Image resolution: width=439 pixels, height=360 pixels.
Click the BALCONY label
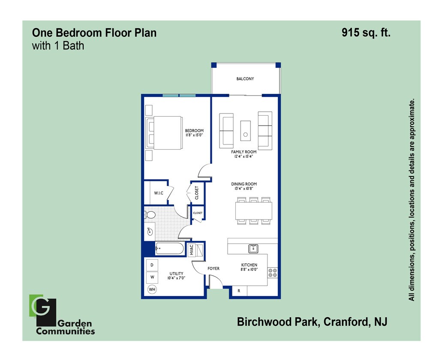point(245,79)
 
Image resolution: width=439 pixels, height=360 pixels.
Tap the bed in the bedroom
point(165,132)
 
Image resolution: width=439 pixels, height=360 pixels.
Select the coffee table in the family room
point(245,130)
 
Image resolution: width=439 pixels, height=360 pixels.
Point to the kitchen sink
point(253,248)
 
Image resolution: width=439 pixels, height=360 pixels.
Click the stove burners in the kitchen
point(273,273)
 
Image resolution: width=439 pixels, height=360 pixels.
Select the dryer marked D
point(152,265)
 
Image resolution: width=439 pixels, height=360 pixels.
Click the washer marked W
point(152,277)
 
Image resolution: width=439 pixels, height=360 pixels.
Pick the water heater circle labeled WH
point(152,290)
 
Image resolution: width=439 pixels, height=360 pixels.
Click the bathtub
point(170,248)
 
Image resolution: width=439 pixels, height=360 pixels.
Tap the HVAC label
point(192,249)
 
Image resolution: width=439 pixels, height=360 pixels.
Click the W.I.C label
point(159,193)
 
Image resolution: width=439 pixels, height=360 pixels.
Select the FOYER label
point(213,269)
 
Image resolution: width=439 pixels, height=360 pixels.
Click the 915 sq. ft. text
point(366,33)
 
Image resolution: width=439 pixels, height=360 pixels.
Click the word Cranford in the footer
point(343,321)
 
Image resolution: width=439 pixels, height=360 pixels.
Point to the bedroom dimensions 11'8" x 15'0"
point(194,135)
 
